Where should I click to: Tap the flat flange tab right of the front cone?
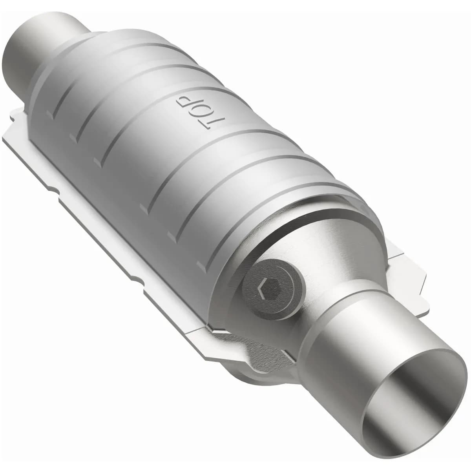coord(408,271)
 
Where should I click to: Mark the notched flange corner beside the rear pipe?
coord(16,118)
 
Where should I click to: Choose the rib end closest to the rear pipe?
coord(51,114)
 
